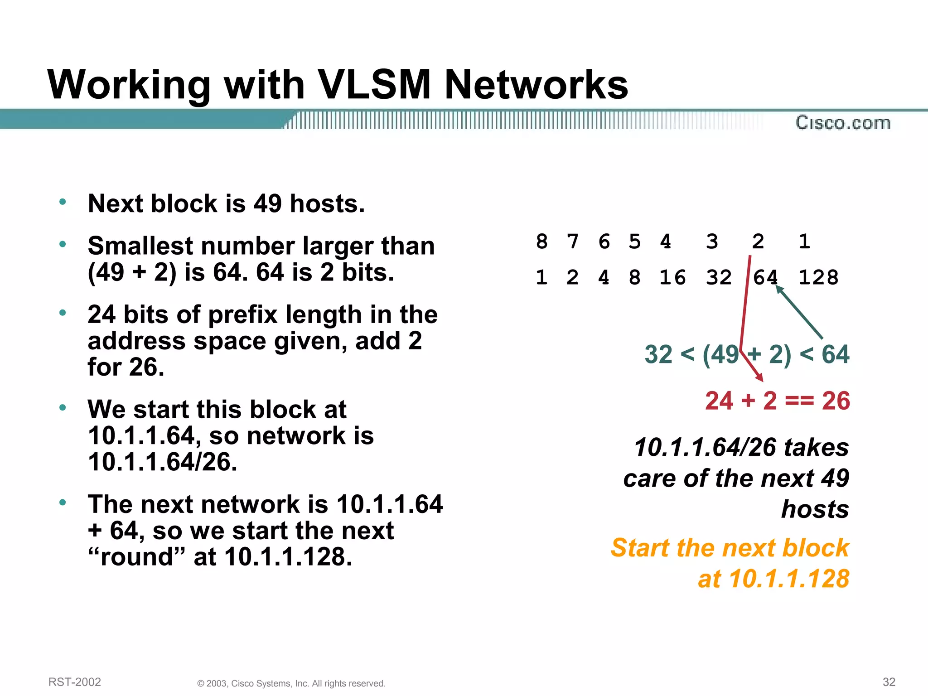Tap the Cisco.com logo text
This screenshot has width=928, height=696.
pos(843,123)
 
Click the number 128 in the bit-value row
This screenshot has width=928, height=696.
pos(818,277)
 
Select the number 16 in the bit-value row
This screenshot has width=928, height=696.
pos(672,277)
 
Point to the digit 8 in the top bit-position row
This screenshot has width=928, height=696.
pos(541,242)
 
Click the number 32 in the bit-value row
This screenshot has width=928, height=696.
pos(719,277)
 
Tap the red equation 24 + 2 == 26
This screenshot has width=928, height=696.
pos(777,401)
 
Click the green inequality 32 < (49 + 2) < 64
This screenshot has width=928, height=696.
pos(747,354)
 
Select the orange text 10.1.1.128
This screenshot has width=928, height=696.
pos(789,579)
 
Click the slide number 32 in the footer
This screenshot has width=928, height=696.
pos(889,682)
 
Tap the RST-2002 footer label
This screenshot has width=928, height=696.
pos(75,682)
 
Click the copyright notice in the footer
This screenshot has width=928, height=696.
pos(291,683)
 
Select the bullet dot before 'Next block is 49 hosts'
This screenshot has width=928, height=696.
pos(63,202)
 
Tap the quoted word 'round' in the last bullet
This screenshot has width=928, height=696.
pos(137,556)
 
